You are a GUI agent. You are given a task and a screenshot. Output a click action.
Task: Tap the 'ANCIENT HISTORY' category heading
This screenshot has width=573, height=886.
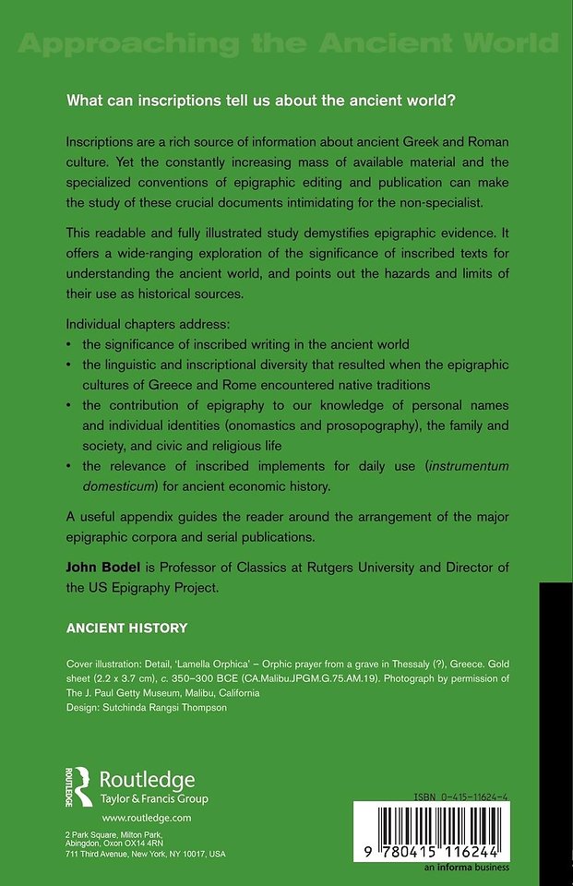coord(126,629)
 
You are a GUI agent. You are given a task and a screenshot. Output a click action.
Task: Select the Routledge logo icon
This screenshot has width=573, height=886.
coord(77,786)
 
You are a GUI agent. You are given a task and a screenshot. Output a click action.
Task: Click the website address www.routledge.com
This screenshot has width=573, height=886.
coord(146,819)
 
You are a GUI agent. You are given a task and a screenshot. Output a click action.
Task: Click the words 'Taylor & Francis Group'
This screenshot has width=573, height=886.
coord(154,799)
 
